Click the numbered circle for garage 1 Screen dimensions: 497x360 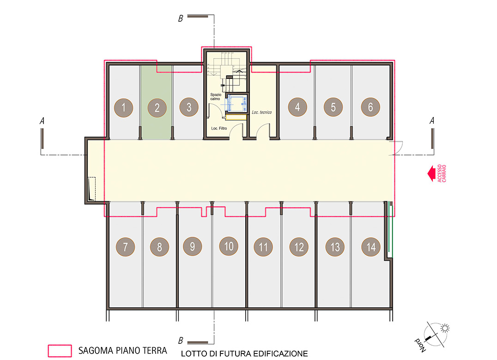(124, 108)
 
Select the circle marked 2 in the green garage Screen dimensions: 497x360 (157, 108)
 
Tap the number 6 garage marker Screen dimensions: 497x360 (370, 107)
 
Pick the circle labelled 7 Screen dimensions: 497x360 (126, 247)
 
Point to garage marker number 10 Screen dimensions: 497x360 (229, 246)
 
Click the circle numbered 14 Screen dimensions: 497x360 (371, 247)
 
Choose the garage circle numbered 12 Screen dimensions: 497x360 (299, 247)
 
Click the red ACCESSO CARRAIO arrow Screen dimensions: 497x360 (431, 174)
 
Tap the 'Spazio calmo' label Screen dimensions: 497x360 (216, 96)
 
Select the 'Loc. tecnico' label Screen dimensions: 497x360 (262, 112)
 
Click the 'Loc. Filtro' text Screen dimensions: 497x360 (219, 128)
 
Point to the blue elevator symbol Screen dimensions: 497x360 (236, 103)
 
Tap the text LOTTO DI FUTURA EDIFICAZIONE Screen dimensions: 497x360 (244, 354)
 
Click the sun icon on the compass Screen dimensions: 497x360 (445, 328)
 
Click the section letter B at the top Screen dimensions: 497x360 (181, 18)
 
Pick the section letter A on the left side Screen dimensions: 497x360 (42, 120)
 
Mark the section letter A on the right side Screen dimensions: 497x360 (432, 120)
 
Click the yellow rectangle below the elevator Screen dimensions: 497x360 (236, 117)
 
